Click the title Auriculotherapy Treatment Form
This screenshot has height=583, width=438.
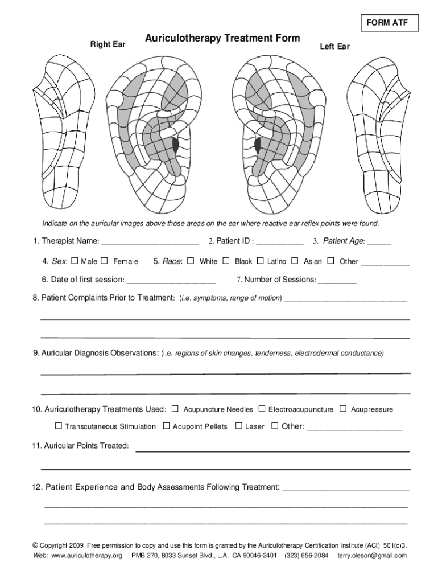click(x=222, y=38)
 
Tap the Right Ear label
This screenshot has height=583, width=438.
click(x=109, y=44)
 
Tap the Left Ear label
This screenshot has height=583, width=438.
click(x=334, y=46)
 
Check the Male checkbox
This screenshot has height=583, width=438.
click(x=75, y=261)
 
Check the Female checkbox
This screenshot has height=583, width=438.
click(x=104, y=261)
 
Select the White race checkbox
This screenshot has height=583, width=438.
click(x=191, y=261)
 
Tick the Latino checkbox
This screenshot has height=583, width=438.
click(x=261, y=261)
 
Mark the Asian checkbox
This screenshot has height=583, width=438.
click(x=295, y=261)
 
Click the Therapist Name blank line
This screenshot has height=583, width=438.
click(x=150, y=242)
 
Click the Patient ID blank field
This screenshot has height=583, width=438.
click(x=279, y=242)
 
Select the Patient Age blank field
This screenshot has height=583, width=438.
click(x=379, y=242)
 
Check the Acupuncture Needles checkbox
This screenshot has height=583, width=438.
click(x=175, y=409)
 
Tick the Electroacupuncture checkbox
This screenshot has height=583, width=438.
click(x=262, y=409)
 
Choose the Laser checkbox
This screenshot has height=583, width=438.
click(x=239, y=426)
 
